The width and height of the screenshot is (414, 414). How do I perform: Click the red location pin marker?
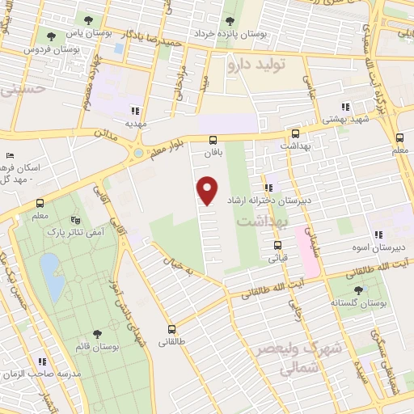[209, 191]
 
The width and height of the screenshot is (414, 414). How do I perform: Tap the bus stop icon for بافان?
[213, 139]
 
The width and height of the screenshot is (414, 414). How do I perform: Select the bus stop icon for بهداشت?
[295, 134]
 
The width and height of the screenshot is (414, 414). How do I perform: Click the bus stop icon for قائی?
[277, 245]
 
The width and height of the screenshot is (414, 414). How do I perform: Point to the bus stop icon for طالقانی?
[172, 329]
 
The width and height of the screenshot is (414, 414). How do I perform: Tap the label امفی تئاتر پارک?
[96, 232]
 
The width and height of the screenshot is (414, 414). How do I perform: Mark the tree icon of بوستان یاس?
[52, 36]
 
